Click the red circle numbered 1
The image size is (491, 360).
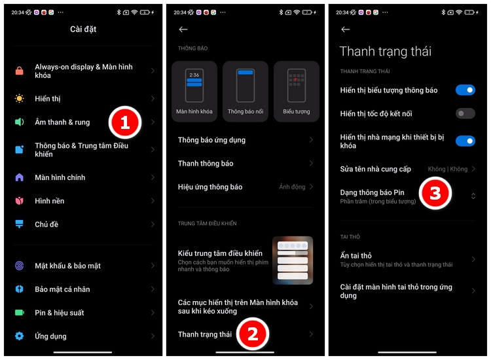click(x=124, y=122)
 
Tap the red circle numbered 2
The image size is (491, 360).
click(x=255, y=334)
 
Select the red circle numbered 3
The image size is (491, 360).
click(x=435, y=193)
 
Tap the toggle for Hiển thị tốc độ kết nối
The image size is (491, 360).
click(x=465, y=114)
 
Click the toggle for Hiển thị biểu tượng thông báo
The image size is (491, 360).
click(x=465, y=90)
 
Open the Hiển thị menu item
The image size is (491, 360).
click(x=48, y=99)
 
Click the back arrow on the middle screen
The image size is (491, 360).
click(x=183, y=29)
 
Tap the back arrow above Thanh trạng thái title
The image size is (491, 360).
click(x=346, y=29)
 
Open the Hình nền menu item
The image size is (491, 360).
click(x=49, y=201)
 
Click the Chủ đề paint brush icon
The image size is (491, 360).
click(x=20, y=225)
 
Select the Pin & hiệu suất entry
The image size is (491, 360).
click(x=59, y=313)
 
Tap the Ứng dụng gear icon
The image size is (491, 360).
click(x=20, y=336)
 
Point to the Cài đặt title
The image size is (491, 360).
click(x=83, y=29)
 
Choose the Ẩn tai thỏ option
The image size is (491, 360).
click(x=355, y=256)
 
